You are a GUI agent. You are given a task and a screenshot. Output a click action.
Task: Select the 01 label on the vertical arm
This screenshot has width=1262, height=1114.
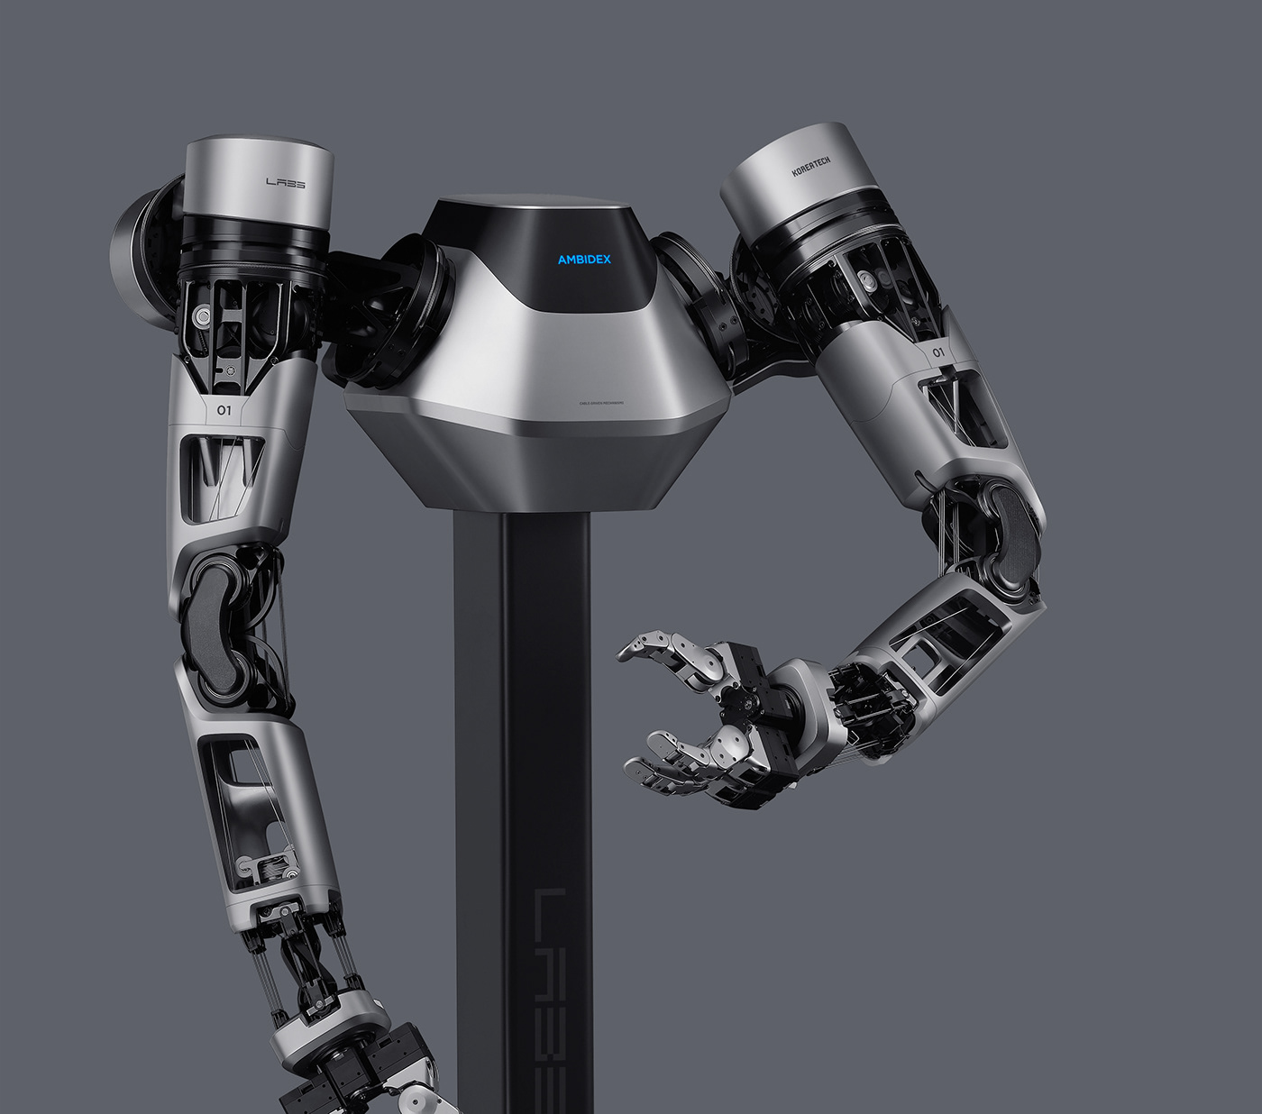(x=226, y=411)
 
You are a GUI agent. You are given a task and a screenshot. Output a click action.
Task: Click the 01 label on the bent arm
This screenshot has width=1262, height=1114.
(x=939, y=352)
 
